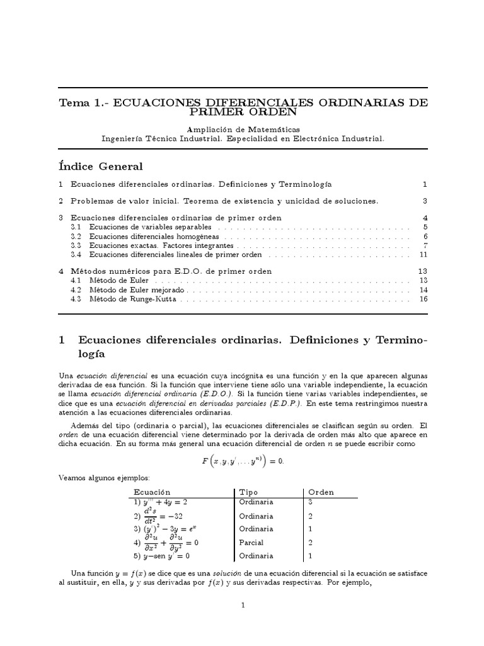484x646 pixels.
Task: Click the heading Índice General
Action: click(x=100, y=167)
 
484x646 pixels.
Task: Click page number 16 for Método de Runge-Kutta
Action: click(x=423, y=299)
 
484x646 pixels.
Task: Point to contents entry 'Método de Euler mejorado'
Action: click(x=137, y=290)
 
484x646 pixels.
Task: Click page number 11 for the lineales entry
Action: click(x=423, y=254)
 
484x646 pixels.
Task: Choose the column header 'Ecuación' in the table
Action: click(x=152, y=492)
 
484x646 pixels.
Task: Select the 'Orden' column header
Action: click(x=321, y=492)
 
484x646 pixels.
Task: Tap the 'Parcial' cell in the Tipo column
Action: click(x=251, y=543)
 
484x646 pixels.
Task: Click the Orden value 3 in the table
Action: click(x=310, y=502)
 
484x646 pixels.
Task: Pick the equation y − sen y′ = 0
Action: click(x=161, y=556)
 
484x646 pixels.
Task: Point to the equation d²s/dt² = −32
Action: click(x=157, y=515)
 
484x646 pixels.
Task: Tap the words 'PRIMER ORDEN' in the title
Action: click(x=243, y=112)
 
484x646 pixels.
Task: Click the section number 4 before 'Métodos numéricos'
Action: click(x=60, y=271)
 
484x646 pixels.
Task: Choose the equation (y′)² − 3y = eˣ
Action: click(x=165, y=529)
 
